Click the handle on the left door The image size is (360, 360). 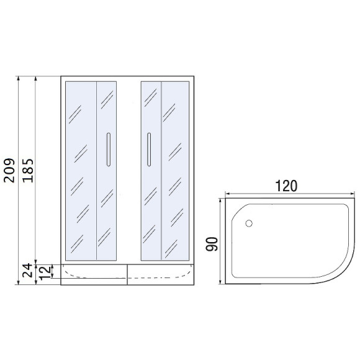[109, 150]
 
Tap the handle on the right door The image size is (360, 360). [149, 150]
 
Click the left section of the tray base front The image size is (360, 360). [94, 274]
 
